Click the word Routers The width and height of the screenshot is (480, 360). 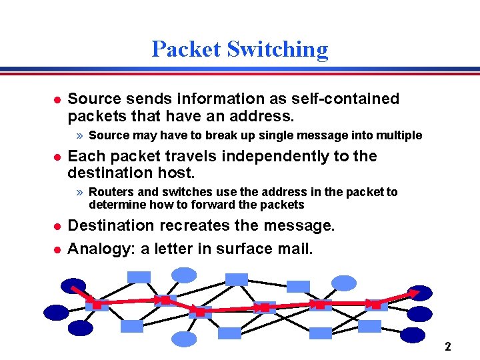[x=111, y=192]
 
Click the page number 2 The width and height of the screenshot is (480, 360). [x=448, y=347]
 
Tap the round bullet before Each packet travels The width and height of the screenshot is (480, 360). [x=57, y=157]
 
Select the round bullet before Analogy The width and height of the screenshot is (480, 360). [x=57, y=249]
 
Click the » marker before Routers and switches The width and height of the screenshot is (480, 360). [x=79, y=193]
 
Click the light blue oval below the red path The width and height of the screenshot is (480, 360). [x=185, y=339]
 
